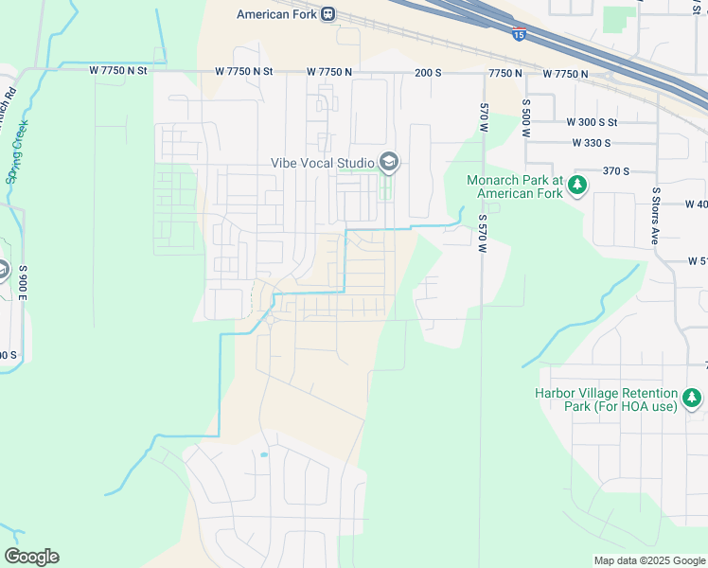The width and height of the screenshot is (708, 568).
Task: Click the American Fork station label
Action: point(275,14)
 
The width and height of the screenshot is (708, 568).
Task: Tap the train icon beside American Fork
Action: point(327,14)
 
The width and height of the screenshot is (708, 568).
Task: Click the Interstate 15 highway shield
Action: point(518,35)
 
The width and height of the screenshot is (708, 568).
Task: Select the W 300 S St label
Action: point(592,122)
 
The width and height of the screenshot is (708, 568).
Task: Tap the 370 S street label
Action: point(616,171)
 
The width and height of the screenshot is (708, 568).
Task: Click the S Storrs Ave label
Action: point(654,216)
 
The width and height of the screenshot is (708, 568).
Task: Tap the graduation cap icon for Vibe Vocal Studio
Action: point(387,163)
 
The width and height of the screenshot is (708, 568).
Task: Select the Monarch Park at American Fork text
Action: point(514,186)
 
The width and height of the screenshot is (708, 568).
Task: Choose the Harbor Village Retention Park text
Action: point(606,399)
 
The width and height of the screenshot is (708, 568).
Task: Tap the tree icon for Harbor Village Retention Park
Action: point(693,399)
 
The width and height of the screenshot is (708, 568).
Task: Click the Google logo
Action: point(31,557)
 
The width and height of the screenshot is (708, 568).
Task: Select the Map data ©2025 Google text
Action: point(648,560)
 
